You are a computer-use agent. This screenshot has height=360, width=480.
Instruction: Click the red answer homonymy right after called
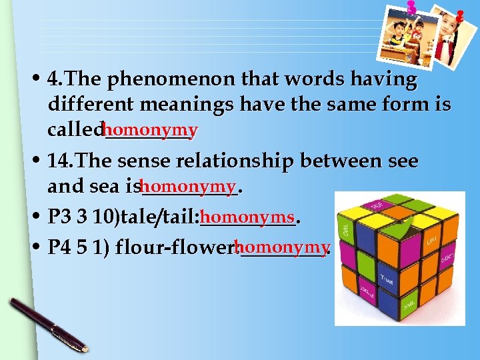[151, 129]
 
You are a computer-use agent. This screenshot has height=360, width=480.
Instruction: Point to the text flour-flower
[175, 249]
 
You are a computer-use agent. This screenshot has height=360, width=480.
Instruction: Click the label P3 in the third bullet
[59, 217]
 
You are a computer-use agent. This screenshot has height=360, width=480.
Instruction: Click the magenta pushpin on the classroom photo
[411, 7]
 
